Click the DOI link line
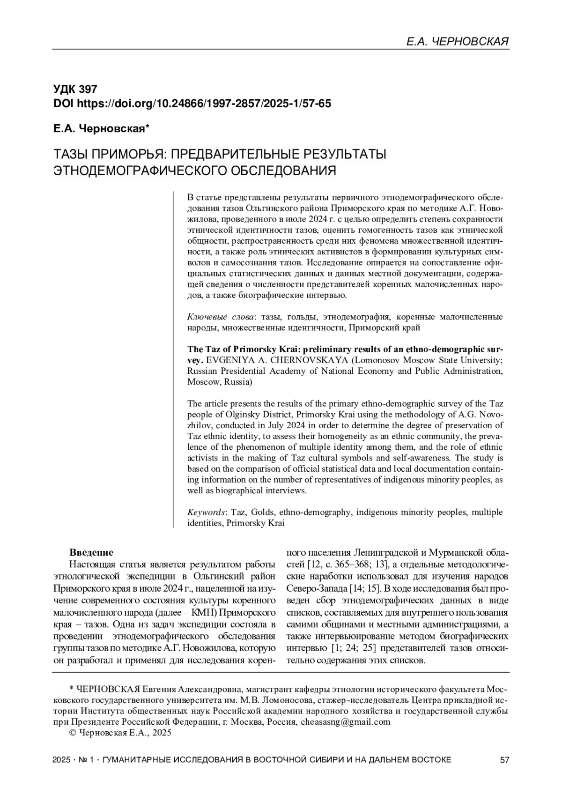coord(192,104)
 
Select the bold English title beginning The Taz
coord(345,349)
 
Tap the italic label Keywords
coord(207,512)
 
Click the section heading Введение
coord(91,552)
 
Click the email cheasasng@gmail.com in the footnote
coord(345,722)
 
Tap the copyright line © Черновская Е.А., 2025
coord(120,733)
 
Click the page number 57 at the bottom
coord(504,760)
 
